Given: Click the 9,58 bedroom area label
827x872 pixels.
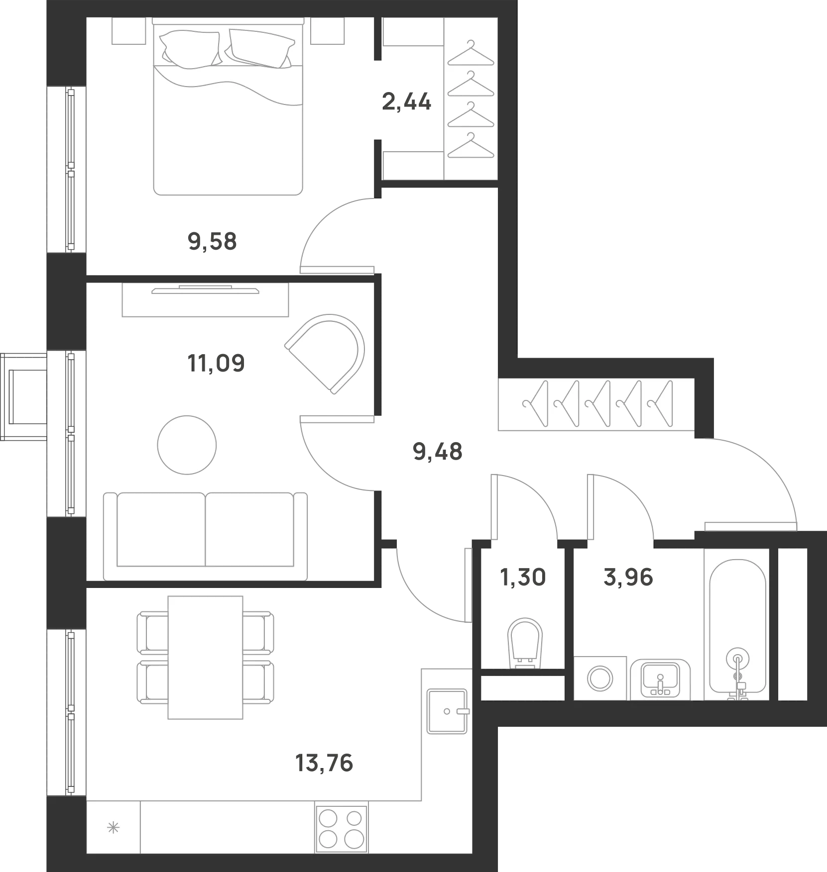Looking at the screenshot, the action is (x=212, y=242).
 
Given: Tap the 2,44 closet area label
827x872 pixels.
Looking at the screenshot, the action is (x=406, y=102).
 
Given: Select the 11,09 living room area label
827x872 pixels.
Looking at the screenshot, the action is (x=216, y=364).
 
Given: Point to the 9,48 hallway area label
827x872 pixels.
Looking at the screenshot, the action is (x=438, y=452).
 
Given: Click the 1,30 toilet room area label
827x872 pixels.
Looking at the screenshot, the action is (x=523, y=578).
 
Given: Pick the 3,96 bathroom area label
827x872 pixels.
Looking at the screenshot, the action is (x=628, y=578).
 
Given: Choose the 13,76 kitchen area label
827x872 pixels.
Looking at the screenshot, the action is (x=324, y=763).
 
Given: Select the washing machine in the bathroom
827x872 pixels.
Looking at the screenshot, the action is (x=600, y=678).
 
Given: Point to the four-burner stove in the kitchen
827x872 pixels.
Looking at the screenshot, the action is (x=341, y=829).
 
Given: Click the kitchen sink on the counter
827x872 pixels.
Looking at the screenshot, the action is (x=447, y=711).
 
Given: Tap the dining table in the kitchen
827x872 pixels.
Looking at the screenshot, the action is (x=205, y=657).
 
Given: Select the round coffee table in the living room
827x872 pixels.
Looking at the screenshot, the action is (x=187, y=445).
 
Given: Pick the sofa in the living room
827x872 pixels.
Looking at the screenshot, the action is (x=205, y=536).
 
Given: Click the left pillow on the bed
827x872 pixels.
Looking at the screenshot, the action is (x=190, y=48).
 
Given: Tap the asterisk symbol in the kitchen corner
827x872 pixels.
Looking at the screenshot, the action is (x=114, y=828).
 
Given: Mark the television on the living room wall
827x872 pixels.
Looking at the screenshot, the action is (x=205, y=290).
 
